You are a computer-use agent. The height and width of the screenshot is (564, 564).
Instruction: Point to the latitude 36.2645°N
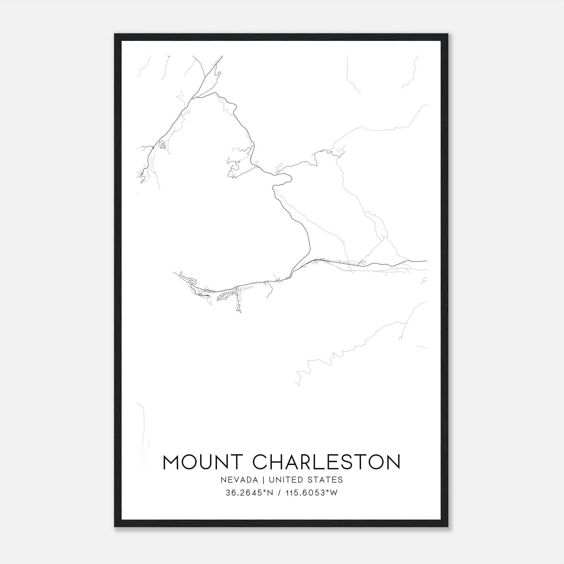(x=250, y=493)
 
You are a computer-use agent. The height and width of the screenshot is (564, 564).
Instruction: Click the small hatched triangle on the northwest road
(x=163, y=145)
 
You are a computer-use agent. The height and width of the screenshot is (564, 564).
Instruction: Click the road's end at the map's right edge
(x=426, y=261)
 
